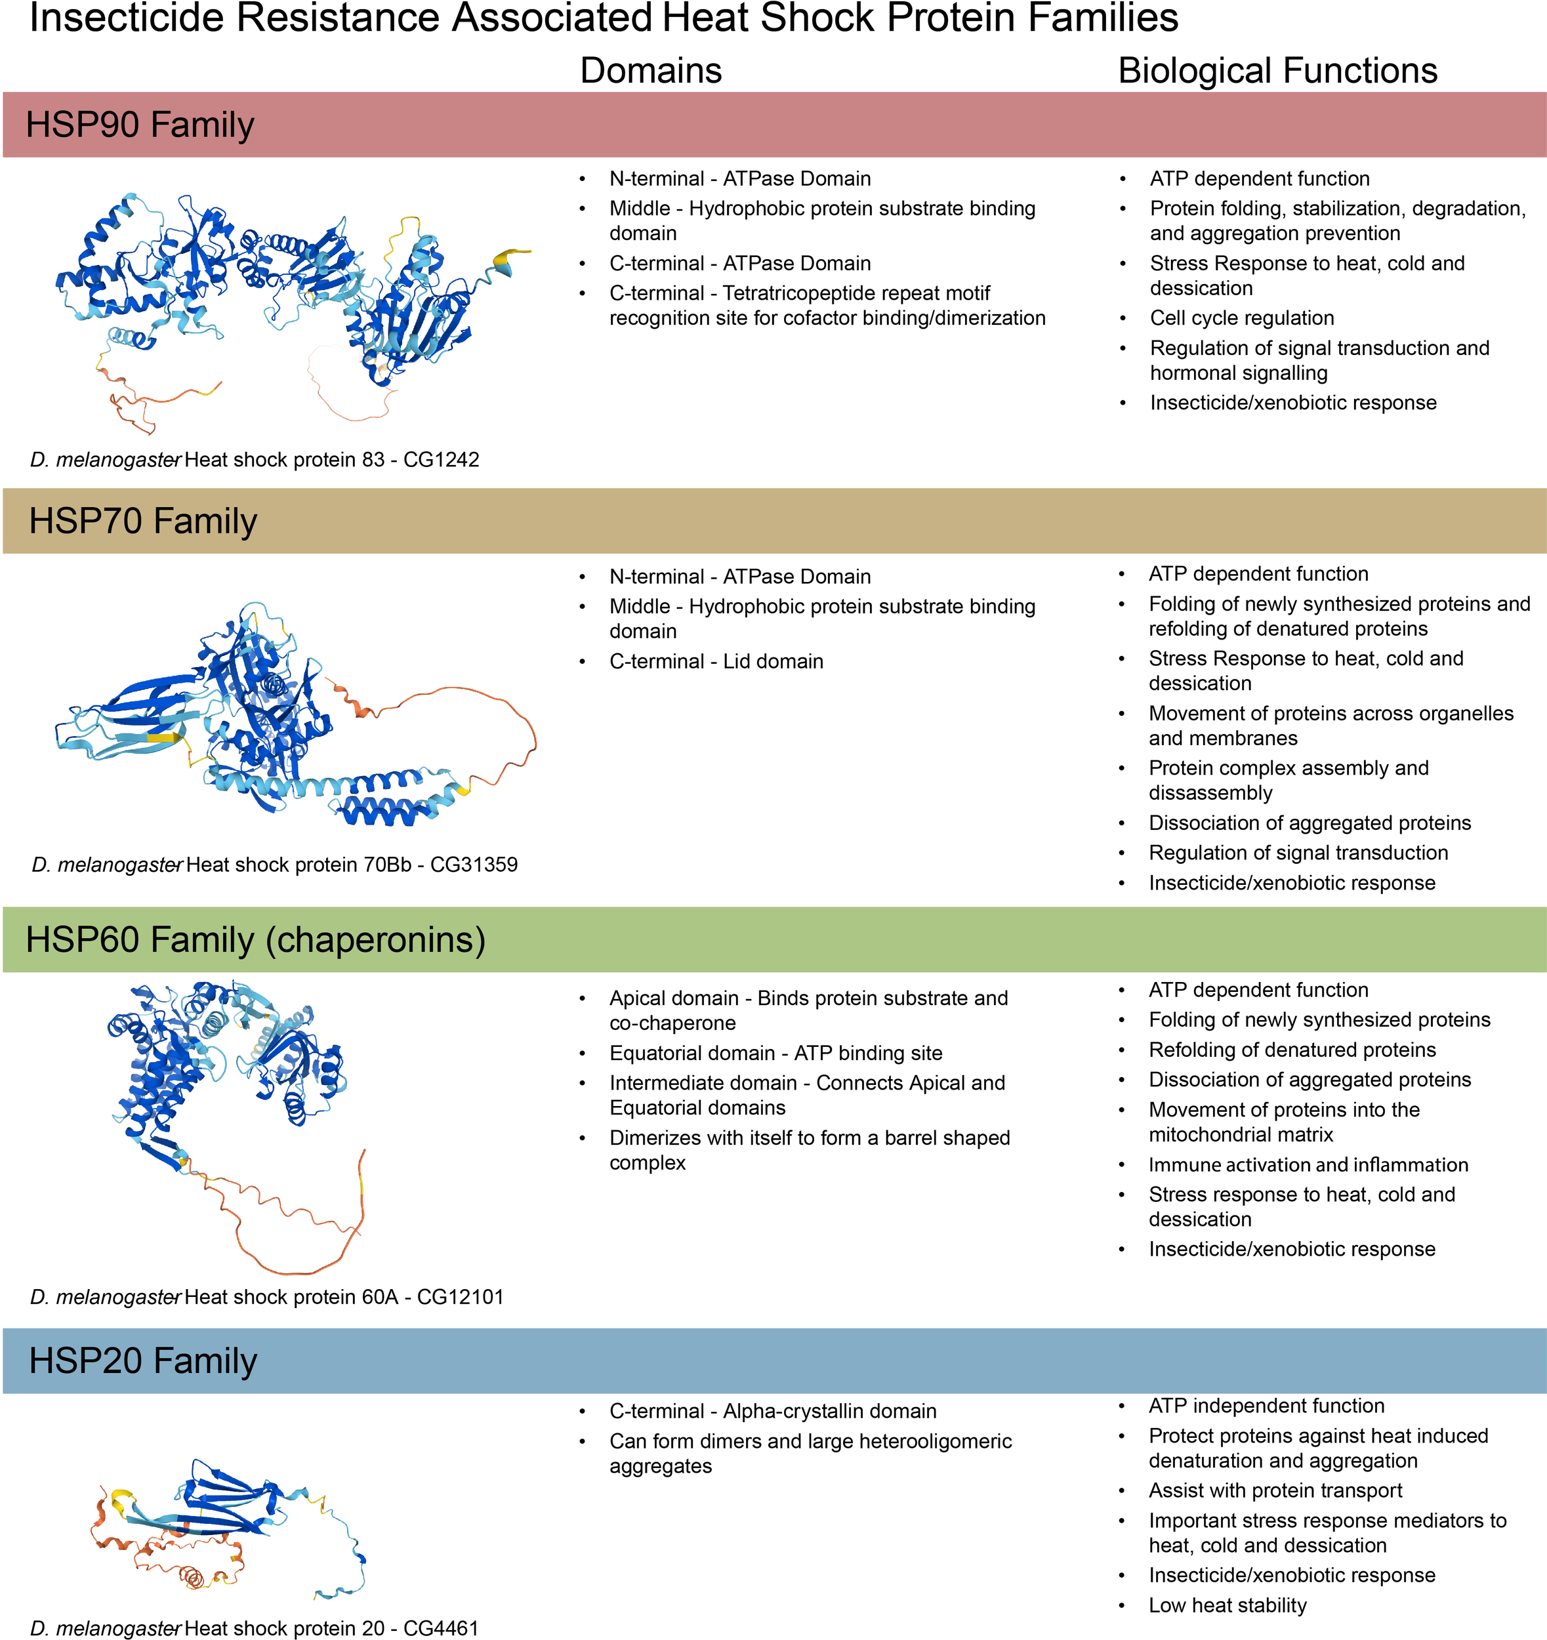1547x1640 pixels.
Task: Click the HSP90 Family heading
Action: [140, 125]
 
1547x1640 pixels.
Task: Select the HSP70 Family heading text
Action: [143, 522]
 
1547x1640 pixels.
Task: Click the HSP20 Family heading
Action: [143, 1361]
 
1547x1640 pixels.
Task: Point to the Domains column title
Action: [650, 71]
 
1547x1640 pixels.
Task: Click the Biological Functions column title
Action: [1277, 71]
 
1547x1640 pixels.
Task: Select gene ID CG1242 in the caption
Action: [441, 459]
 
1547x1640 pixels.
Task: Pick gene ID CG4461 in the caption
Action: [441, 1628]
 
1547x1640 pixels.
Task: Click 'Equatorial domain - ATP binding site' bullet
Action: [775, 1054]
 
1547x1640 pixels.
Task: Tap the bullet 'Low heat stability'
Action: [1227, 1605]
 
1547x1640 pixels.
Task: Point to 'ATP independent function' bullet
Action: [1266, 1406]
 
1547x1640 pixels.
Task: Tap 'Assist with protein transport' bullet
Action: [1275, 1490]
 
